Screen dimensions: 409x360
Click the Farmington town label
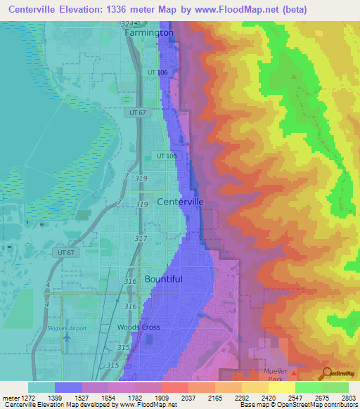coord(149,32)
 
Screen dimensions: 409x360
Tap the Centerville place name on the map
coord(180,202)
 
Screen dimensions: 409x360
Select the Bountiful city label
coord(163,279)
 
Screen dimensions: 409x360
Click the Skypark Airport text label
coord(67,328)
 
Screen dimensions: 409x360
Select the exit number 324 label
coord(126,25)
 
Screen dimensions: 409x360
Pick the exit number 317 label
coord(141,239)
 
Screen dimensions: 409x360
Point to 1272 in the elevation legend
coord(27,398)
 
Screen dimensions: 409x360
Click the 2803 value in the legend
coord(349,398)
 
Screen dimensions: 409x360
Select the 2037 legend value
coord(188,398)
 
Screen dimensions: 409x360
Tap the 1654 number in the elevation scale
coord(108,398)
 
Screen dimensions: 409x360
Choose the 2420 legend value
coord(268,398)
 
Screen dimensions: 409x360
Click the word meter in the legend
coord(9,398)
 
